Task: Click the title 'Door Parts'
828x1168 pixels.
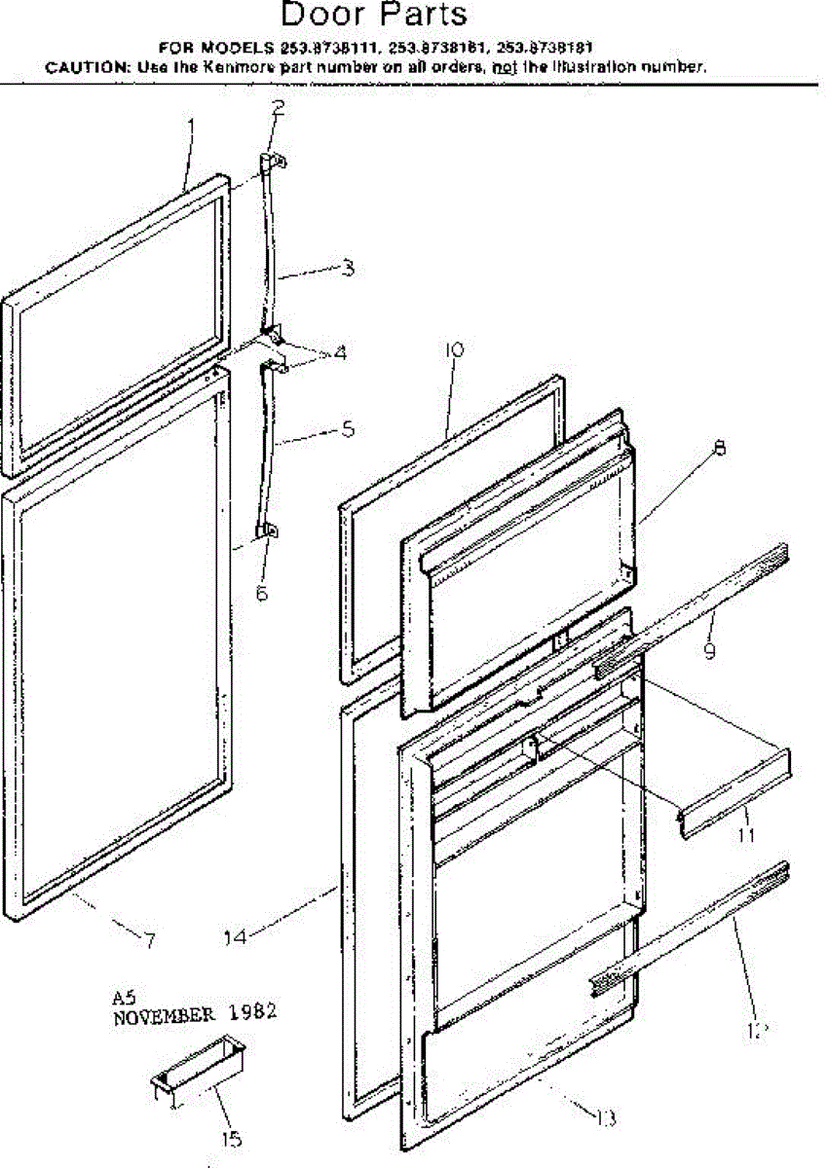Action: (x=374, y=15)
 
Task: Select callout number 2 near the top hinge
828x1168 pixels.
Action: (x=279, y=108)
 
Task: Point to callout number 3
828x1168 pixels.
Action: (x=348, y=268)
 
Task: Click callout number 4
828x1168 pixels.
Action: (x=340, y=353)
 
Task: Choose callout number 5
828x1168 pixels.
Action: (x=348, y=427)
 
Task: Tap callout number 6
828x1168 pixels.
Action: (x=262, y=592)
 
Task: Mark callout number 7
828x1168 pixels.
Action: (x=149, y=940)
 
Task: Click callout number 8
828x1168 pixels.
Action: (x=719, y=449)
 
